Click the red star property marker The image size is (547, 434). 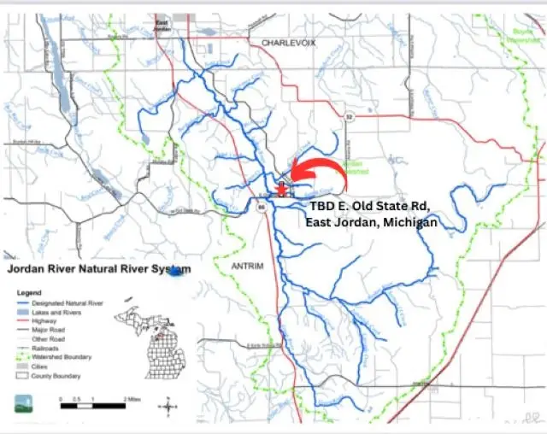pos(282,189)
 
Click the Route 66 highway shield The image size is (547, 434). pos(262,205)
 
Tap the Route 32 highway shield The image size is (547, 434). pos(349,115)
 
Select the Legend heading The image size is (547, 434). pos(30,291)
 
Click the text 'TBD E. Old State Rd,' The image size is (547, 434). pos(370,205)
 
